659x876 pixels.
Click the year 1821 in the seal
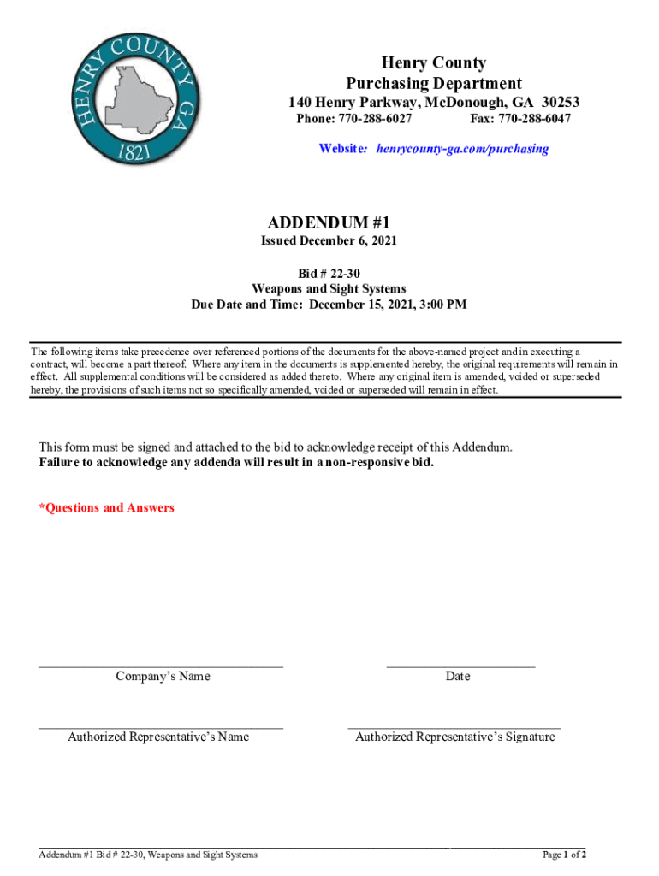[x=137, y=152]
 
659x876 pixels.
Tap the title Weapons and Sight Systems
[x=329, y=289]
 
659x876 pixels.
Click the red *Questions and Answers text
[x=106, y=508]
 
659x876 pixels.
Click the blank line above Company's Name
[x=161, y=665]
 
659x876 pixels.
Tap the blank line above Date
[x=460, y=665]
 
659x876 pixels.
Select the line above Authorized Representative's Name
[x=161, y=727]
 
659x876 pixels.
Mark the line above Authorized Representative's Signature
[x=454, y=727]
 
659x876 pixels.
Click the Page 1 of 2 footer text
[x=564, y=855]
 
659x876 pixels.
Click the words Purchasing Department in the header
[x=433, y=83]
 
